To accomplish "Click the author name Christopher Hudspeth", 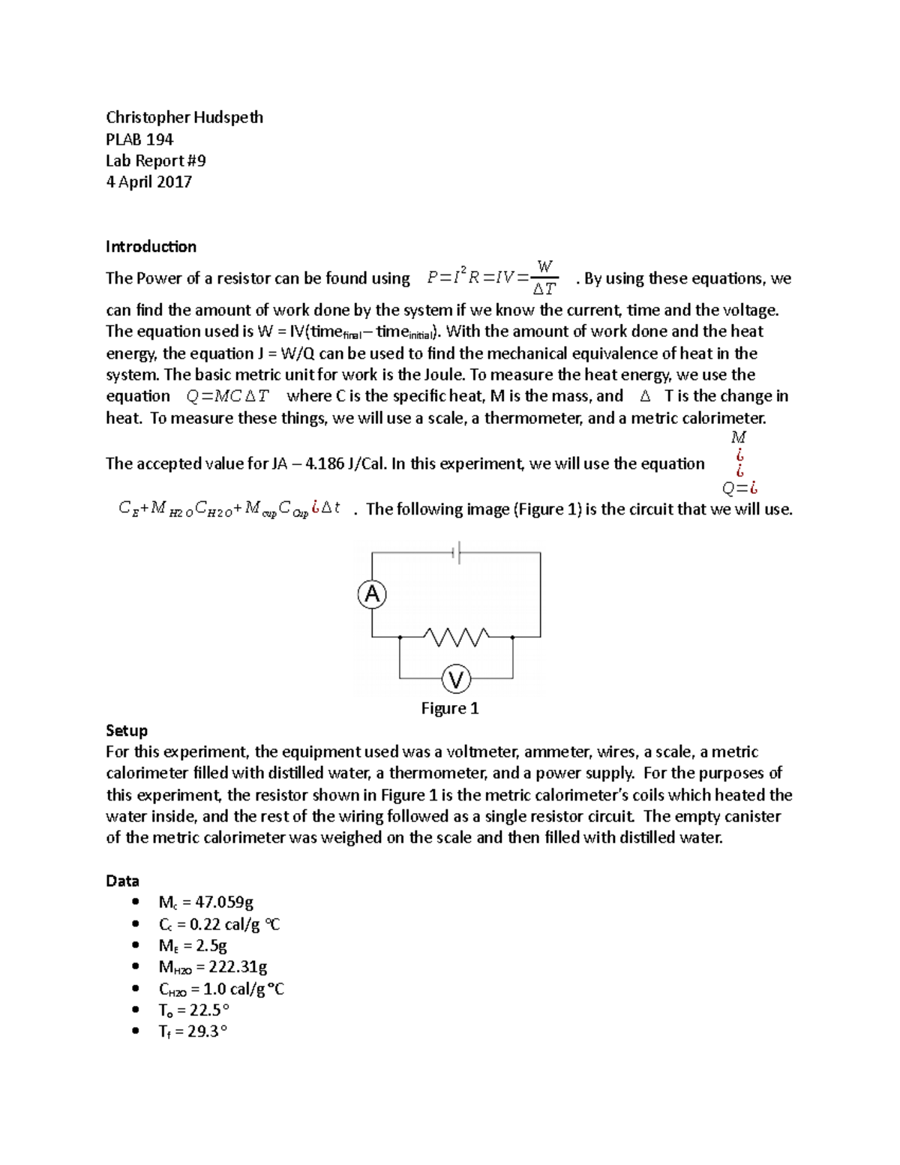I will (x=184, y=117).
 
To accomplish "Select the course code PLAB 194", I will (x=139, y=140).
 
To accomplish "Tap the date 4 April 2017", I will (x=148, y=182).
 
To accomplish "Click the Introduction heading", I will (x=151, y=247).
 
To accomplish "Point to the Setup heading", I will (x=127, y=731).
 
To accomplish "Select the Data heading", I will (x=122, y=881).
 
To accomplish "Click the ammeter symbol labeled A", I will (x=372, y=595).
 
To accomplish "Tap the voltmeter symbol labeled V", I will (x=456, y=680).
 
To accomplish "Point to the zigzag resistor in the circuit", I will (x=456, y=637).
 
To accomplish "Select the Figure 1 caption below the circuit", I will (x=450, y=708).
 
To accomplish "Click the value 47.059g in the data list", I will (x=224, y=902).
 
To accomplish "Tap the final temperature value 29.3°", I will (x=207, y=1031).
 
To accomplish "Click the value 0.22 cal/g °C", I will (x=235, y=924).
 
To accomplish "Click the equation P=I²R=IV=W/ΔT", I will (x=492, y=278).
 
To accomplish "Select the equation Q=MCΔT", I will (x=227, y=396).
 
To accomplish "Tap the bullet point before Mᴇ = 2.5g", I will (x=135, y=945).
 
